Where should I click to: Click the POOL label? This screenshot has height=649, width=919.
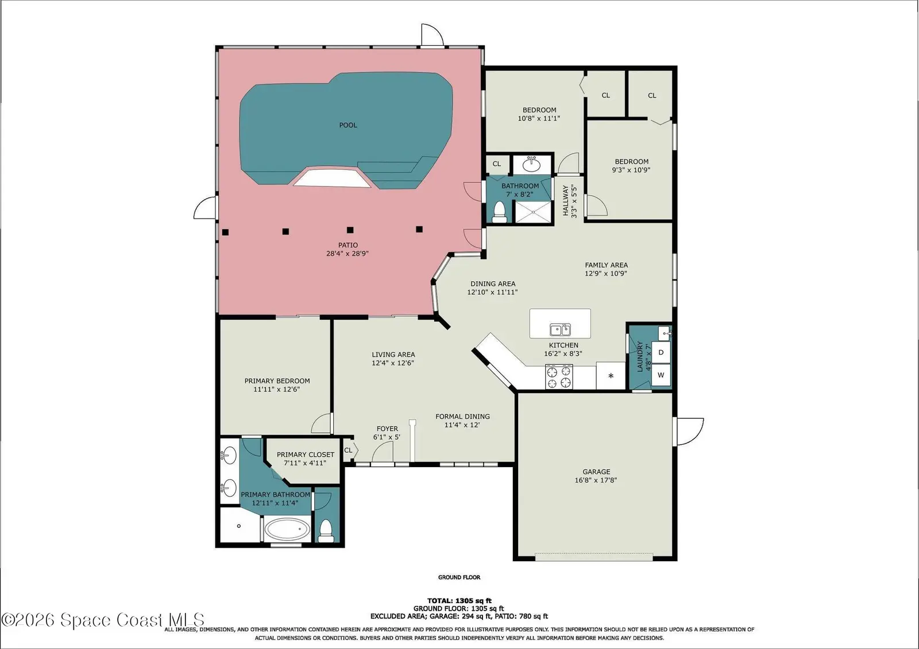348,125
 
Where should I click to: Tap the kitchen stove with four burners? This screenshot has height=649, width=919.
559,377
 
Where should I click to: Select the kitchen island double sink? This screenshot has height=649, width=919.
560,329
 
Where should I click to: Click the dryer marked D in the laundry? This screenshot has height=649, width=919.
661,352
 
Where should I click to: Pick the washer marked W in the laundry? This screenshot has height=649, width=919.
661,375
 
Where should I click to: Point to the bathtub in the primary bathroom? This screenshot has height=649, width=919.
287,529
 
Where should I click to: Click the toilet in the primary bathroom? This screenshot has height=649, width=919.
326,531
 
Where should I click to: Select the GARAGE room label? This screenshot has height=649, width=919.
596,472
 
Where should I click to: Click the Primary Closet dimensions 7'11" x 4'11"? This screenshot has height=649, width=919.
305,463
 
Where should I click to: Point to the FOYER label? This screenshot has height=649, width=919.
387,429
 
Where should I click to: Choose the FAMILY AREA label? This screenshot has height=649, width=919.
607,265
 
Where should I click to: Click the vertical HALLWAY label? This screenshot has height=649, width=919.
566,201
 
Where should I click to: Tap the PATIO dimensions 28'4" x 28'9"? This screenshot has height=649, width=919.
347,254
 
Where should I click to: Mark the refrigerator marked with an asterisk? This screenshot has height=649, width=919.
611,375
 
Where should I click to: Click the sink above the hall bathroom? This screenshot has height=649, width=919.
532,165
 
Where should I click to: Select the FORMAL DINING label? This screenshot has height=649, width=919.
462,416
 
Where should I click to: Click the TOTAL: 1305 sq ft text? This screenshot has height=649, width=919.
459,601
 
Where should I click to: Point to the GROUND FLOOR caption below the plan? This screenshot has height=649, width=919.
459,577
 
